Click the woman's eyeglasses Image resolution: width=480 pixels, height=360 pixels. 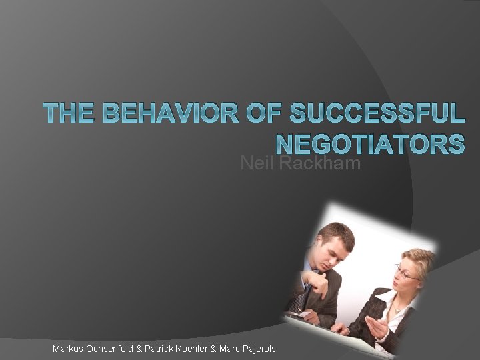[x=406, y=274]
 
